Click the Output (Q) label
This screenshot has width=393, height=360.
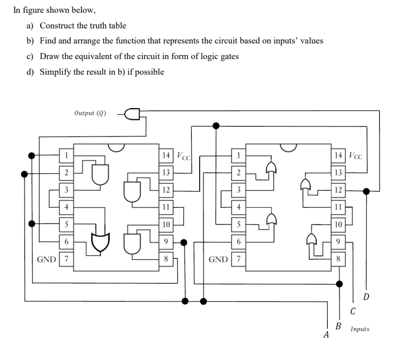point(90,113)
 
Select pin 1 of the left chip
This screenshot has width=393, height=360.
point(66,155)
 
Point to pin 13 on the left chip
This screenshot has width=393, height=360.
point(166,173)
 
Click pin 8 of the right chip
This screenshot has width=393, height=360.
point(338,259)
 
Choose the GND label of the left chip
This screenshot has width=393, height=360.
point(46,259)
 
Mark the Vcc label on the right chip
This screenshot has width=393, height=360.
point(355,155)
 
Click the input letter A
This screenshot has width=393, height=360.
point(327,335)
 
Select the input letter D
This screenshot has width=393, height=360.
point(366,295)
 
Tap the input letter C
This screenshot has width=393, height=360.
point(353,310)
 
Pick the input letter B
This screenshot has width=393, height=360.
point(338,325)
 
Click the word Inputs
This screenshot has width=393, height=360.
point(360,329)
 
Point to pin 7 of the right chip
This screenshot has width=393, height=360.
point(239,259)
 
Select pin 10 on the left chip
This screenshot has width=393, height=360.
point(166,225)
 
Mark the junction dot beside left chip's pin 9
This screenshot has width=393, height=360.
point(184,242)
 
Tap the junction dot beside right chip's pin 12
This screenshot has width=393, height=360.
point(366,191)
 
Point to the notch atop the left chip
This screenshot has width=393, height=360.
point(116,147)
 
